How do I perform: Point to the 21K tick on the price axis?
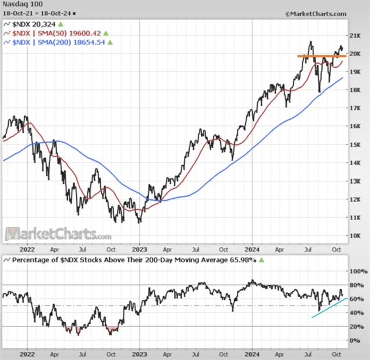click(x=356, y=35)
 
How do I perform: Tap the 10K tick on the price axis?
click(x=356, y=236)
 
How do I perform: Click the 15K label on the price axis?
click(x=356, y=144)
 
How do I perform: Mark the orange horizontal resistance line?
click(x=321, y=56)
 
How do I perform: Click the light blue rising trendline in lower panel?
click(x=330, y=307)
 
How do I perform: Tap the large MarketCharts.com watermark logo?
click(x=58, y=234)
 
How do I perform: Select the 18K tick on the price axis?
click(x=356, y=90)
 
